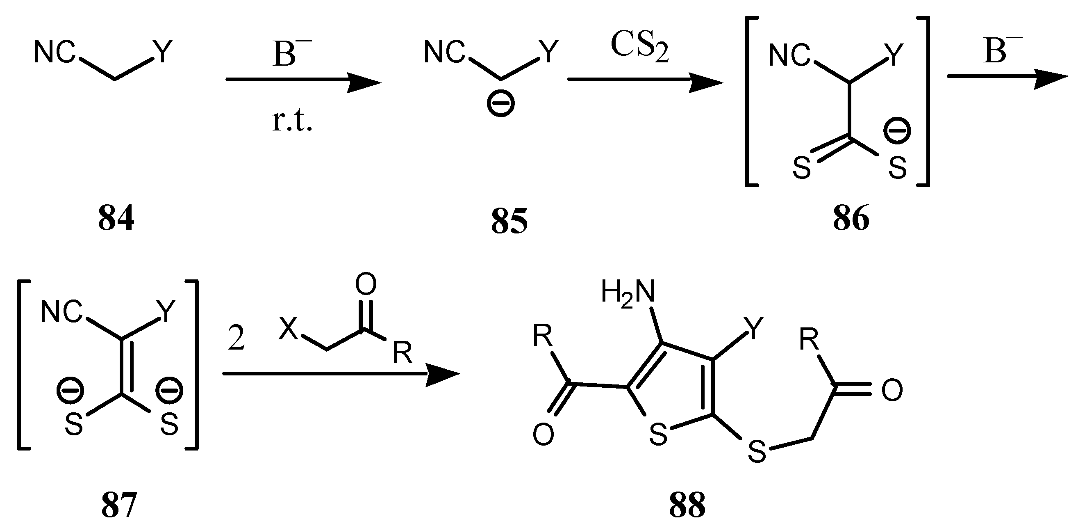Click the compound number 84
(x=116, y=219)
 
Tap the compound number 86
(x=851, y=219)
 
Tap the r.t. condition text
(x=292, y=121)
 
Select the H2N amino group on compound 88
(x=628, y=292)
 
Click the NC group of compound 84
(x=55, y=53)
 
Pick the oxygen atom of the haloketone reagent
(x=365, y=284)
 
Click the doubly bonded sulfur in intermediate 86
(x=802, y=168)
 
